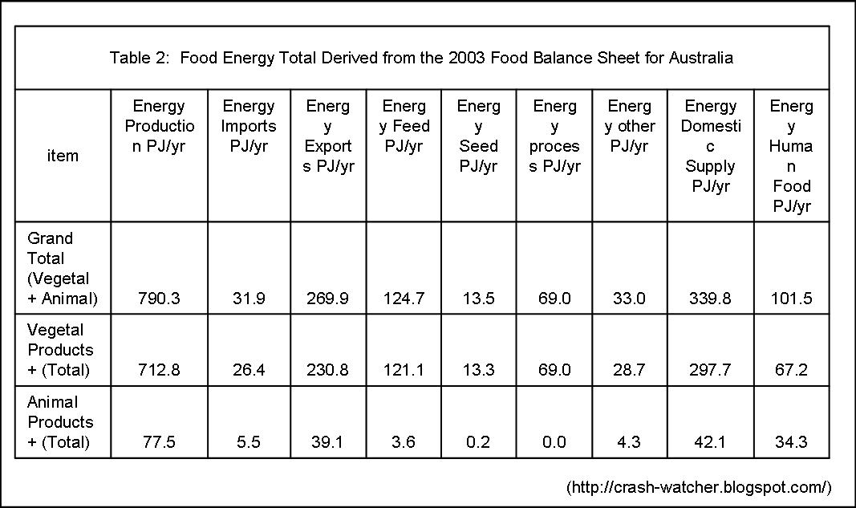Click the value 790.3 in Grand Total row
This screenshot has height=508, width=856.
159,299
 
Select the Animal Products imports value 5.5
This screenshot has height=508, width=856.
249,441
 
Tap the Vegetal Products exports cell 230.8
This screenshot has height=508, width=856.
328,370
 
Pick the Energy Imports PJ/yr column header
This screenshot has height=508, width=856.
249,126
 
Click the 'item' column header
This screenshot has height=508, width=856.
63,156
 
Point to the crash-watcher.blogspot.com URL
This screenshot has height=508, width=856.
699,487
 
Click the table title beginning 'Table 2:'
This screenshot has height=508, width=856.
421,58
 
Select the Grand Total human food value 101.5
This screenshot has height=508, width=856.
791,299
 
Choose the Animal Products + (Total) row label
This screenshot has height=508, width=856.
60,421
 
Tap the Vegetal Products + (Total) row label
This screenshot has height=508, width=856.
60,350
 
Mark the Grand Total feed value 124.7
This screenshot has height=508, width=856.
404,299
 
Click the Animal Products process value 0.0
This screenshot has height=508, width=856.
554,441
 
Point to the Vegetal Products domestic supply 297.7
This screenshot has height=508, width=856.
710,370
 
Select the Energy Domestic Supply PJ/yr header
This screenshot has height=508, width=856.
710,146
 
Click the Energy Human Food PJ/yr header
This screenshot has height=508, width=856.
791,156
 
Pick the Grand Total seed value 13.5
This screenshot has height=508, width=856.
478,299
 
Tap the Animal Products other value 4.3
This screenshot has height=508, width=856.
630,441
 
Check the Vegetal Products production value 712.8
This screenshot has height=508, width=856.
159,370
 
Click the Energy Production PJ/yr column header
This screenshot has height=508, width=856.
159,126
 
